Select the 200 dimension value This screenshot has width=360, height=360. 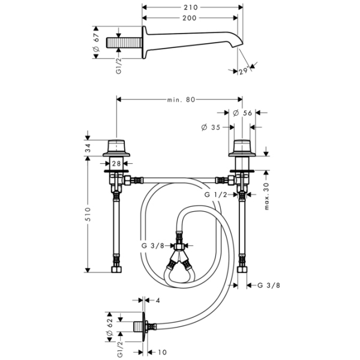pyautogui.click(x=191, y=19)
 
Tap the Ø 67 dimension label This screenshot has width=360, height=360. pyautogui.click(x=97, y=42)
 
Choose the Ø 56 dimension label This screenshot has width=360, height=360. pyautogui.click(x=242, y=113)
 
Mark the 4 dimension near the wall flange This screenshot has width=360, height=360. pyautogui.click(x=158, y=301)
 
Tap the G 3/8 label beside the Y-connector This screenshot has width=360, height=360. pyautogui.click(x=152, y=245)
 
